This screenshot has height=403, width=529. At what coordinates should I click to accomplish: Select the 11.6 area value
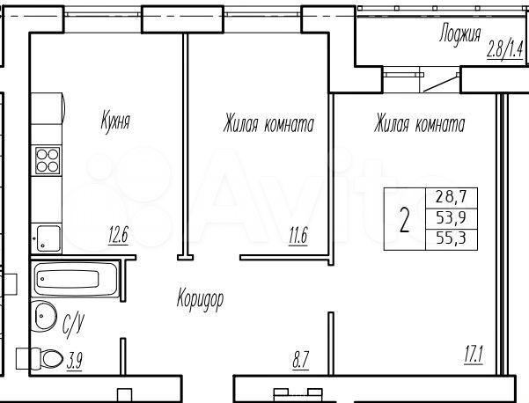[299, 235]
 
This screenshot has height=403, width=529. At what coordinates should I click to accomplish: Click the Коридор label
[200, 299]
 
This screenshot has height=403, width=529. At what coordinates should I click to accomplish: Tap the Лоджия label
[459, 35]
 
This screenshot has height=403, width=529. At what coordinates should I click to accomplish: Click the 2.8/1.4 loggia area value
[505, 47]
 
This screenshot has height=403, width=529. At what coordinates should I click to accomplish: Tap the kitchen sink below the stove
[48, 238]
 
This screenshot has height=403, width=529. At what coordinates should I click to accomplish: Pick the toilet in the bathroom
[35, 359]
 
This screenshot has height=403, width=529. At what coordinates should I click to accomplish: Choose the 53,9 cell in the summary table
[450, 218]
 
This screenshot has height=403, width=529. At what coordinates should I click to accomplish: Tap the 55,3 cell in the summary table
[450, 238]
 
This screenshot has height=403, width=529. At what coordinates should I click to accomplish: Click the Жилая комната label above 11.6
[268, 124]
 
